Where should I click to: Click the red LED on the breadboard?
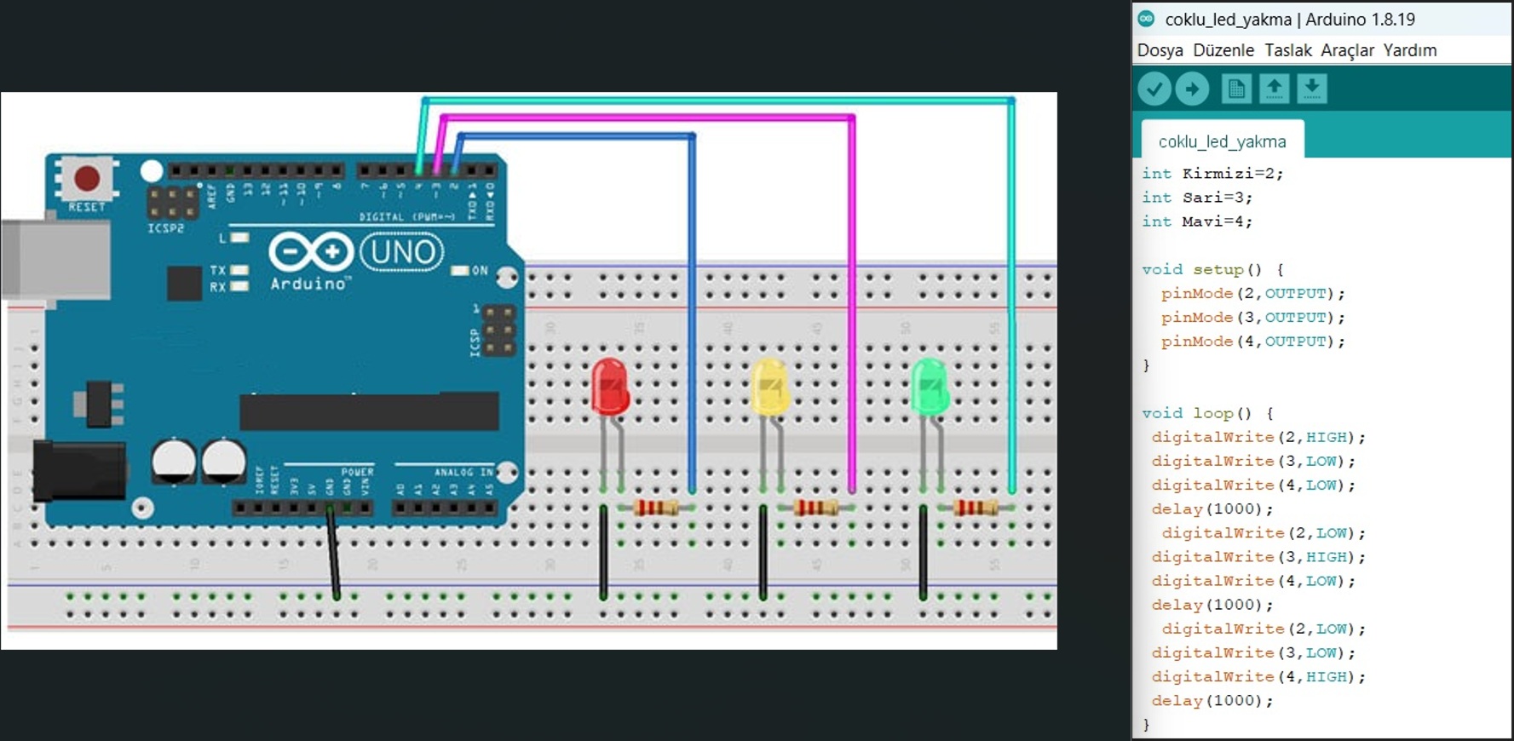coord(610,388)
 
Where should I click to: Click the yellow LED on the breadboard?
coord(769,388)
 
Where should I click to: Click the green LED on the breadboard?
coord(930,388)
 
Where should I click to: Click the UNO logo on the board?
coord(402,252)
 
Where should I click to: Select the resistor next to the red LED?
coord(656,508)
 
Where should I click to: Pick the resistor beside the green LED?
coord(976,508)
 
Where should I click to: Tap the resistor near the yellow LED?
coord(816,508)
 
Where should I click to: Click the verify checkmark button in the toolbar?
coord(1154,89)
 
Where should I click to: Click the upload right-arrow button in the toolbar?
coord(1192,89)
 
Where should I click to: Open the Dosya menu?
coord(1160,50)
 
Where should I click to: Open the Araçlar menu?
coord(1347,50)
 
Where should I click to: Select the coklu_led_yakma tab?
coord(1222,141)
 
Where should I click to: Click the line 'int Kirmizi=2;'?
coord(1212,174)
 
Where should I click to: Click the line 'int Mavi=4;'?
coord(1197,221)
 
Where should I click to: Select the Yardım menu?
coord(1409,50)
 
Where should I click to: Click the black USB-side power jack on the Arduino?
coord(78,470)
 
